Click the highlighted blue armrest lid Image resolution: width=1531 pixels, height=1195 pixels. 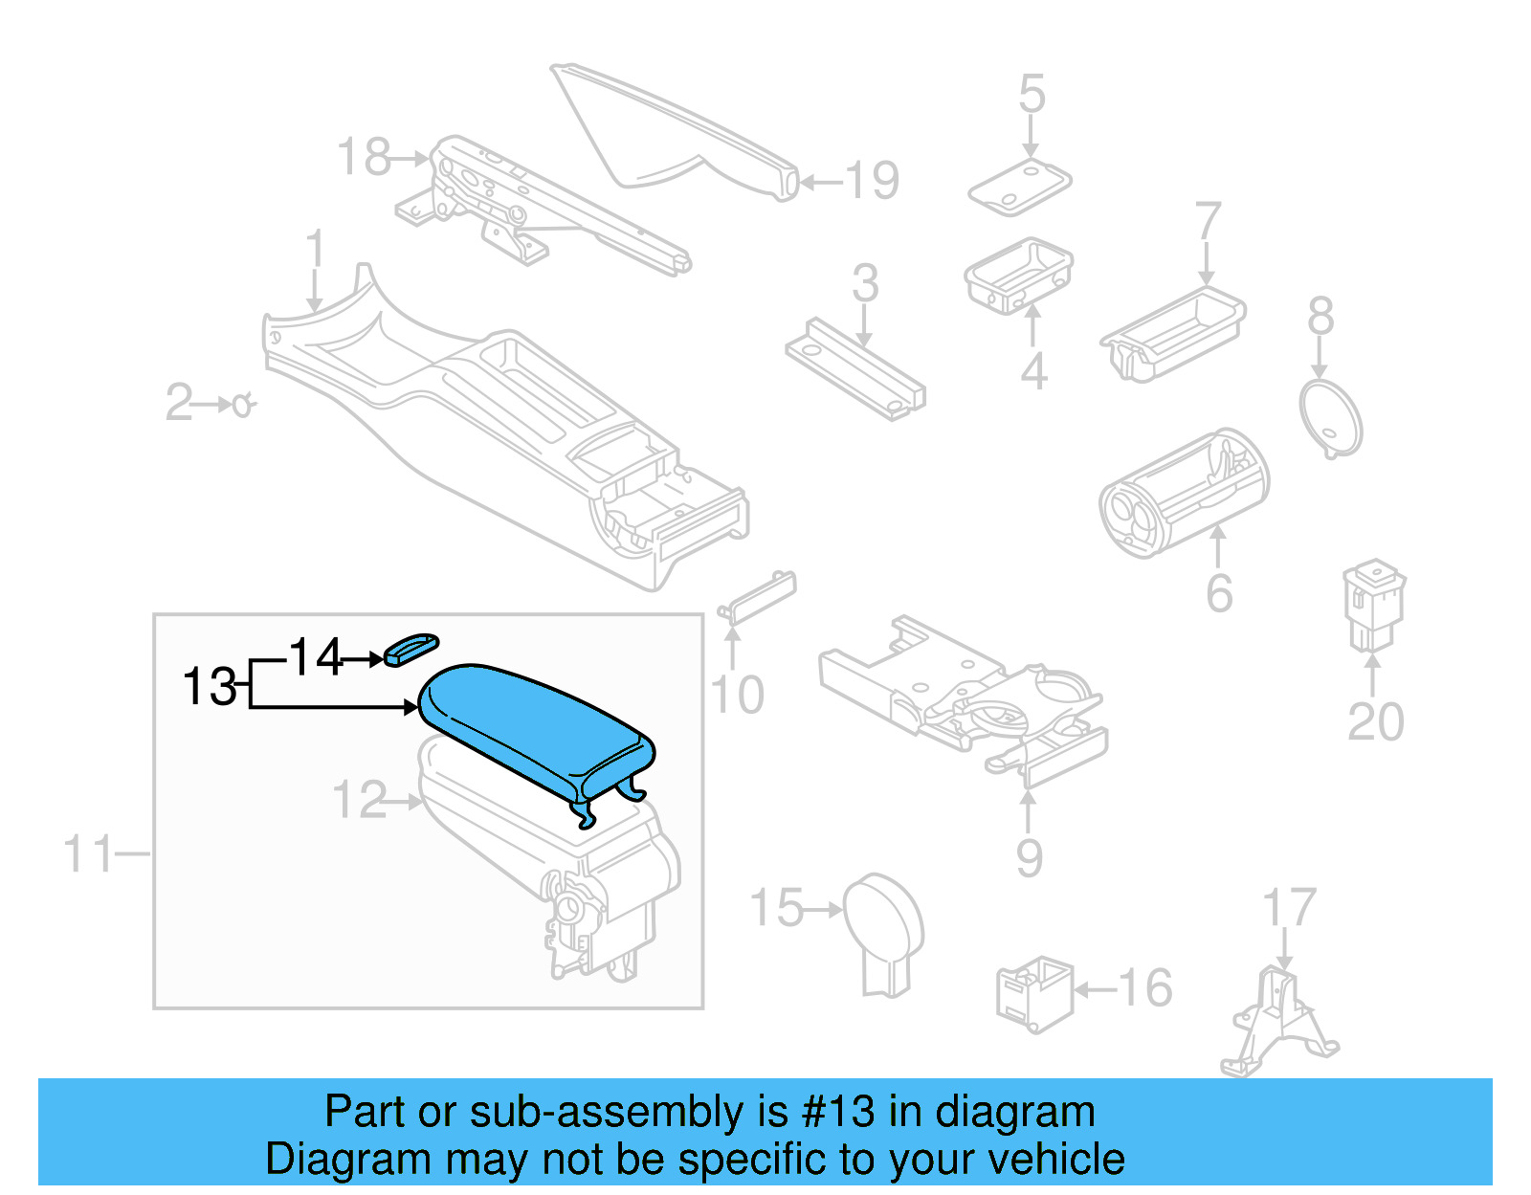536,727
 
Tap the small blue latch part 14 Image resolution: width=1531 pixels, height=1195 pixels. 410,649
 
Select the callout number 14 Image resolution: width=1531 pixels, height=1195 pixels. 315,657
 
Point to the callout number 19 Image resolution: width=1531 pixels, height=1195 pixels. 872,181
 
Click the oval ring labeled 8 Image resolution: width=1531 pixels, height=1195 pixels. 1330,418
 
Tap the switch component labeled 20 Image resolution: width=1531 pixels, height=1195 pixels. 1373,606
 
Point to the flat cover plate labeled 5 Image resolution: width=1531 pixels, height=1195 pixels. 1018,188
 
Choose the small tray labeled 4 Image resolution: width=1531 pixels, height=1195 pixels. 1017,276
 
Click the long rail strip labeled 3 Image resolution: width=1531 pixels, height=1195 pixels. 854,368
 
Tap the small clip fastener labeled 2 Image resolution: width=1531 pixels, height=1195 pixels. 243,406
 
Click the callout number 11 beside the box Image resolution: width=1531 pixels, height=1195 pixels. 88,853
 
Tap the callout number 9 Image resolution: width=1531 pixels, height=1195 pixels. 1029,857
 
